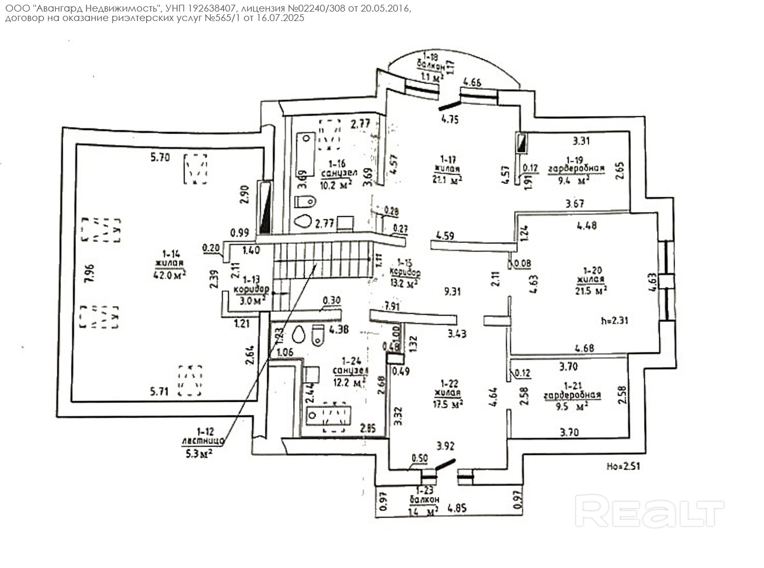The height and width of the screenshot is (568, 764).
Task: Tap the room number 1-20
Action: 590,270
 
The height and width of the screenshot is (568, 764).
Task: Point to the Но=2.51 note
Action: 624,466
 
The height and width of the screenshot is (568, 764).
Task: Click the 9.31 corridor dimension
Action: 452,291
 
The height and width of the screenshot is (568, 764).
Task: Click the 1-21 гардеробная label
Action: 572,390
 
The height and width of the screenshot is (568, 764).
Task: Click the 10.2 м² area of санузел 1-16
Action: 336,185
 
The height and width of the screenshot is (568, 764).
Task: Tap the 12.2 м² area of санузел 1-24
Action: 349,382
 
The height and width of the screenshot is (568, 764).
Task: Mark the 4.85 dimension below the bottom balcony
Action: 458,509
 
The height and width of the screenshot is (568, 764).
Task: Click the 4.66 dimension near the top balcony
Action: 471,82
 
